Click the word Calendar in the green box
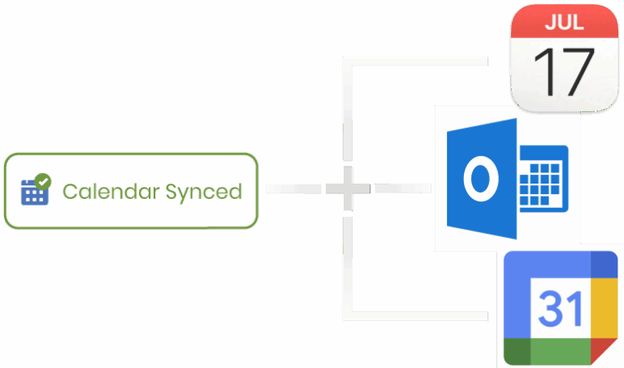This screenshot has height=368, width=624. pyautogui.click(x=111, y=192)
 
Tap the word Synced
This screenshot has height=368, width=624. pyautogui.click(x=204, y=193)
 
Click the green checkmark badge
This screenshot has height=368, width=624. pyautogui.click(x=43, y=181)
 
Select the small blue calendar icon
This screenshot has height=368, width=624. pyautogui.click(x=35, y=193)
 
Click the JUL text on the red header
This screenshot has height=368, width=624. pyautogui.click(x=565, y=22)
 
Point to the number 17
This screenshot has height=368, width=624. pyautogui.click(x=564, y=72)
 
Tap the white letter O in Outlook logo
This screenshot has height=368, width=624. pyautogui.click(x=481, y=179)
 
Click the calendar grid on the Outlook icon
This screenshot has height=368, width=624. pyautogui.click(x=544, y=179)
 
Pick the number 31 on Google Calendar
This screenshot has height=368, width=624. pyautogui.click(x=561, y=308)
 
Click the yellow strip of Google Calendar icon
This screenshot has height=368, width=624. pyautogui.click(x=604, y=308)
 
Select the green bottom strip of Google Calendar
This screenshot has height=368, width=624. pyautogui.click(x=561, y=352)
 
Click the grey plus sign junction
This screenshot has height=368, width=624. pyautogui.click(x=348, y=188)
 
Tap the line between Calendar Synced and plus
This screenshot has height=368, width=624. pyautogui.click(x=293, y=188)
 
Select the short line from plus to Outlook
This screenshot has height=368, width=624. pyautogui.click(x=403, y=188)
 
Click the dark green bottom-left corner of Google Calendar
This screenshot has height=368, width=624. pyautogui.click(x=517, y=352)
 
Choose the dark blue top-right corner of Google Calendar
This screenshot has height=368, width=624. pyautogui.click(x=604, y=264)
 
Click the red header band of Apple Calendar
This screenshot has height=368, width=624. pyautogui.click(x=565, y=21)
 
